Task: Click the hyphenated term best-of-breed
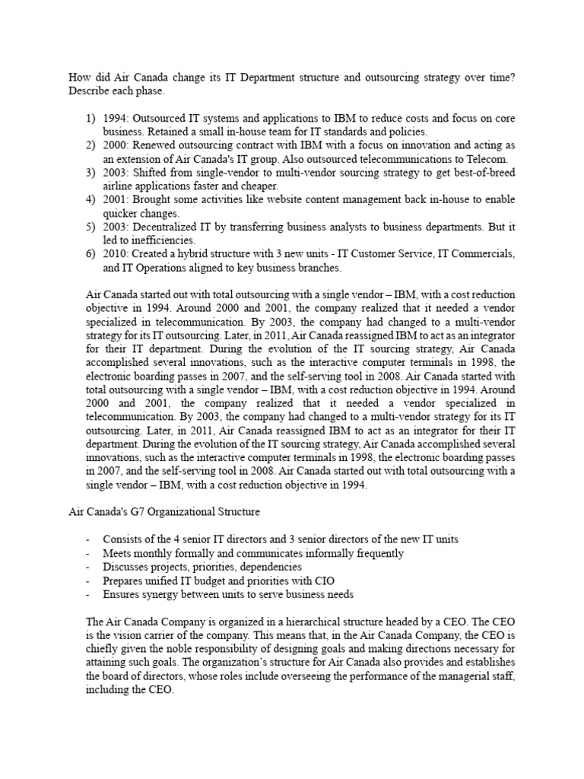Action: coord(477,173)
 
